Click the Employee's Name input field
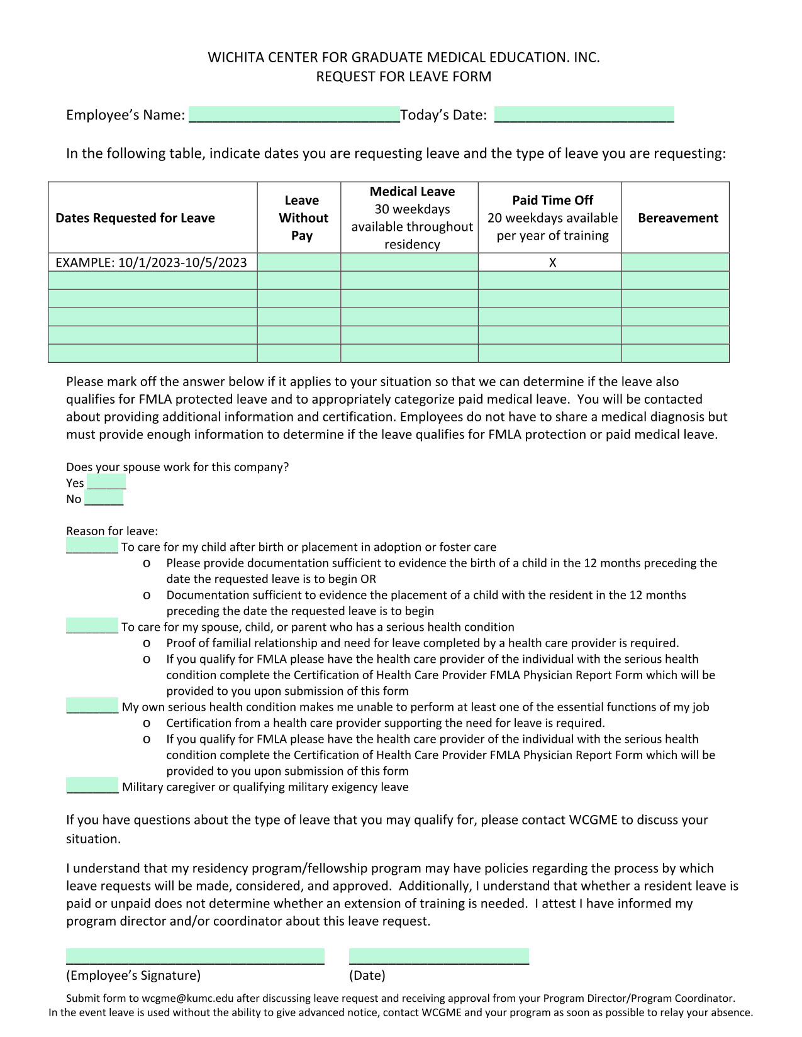tap(294, 114)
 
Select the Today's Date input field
tap(584, 114)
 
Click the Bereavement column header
tap(677, 218)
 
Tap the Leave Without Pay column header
tap(302, 218)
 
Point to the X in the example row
tap(552, 263)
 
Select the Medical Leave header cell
tap(412, 218)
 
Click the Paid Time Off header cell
tap(552, 218)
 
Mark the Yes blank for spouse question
tap(106, 482)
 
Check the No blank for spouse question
tap(104, 499)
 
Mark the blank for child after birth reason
tap(92, 546)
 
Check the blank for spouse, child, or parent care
tap(92, 626)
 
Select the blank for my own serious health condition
tap(92, 706)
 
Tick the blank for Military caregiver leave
tap(92, 785)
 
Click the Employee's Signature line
tap(195, 956)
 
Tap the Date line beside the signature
tap(438, 956)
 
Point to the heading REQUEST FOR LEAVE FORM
tap(403, 77)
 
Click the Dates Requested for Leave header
tap(135, 218)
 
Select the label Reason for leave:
tap(112, 531)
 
